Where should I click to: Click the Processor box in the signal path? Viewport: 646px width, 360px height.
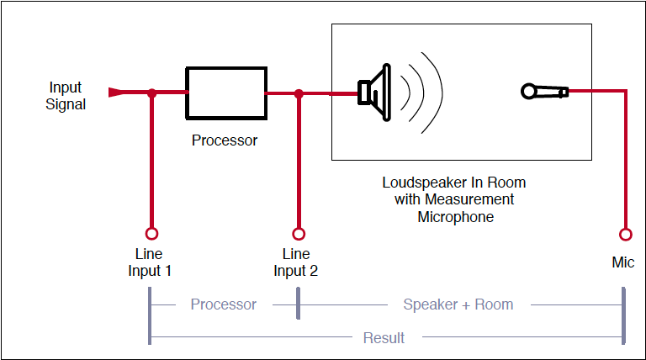(225, 93)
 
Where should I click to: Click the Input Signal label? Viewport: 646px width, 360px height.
(66, 96)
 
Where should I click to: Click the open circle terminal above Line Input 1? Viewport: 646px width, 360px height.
(152, 234)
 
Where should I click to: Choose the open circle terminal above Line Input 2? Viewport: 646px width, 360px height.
(298, 234)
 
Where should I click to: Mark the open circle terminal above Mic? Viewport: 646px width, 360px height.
(624, 234)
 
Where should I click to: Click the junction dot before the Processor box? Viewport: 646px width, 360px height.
(152, 93)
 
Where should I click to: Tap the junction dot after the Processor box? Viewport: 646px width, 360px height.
(298, 93)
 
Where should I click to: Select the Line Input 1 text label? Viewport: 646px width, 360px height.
(150, 262)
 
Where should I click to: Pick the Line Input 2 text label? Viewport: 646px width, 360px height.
(296, 262)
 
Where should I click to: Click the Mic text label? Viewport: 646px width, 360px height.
(623, 262)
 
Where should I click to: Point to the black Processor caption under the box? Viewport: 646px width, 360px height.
(225, 140)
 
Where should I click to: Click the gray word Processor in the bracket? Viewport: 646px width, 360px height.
(223, 304)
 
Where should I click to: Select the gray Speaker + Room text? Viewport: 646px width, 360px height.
(458, 304)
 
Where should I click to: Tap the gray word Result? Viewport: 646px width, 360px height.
(384, 338)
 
